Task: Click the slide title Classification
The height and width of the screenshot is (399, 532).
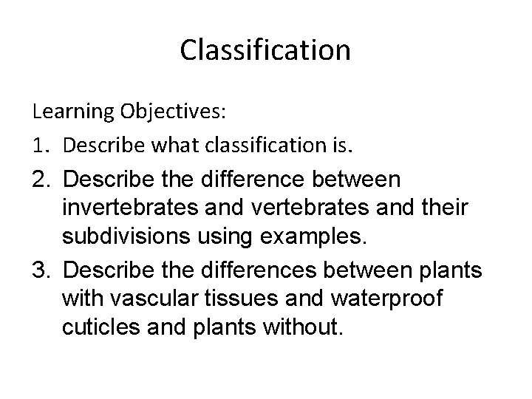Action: point(265,51)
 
